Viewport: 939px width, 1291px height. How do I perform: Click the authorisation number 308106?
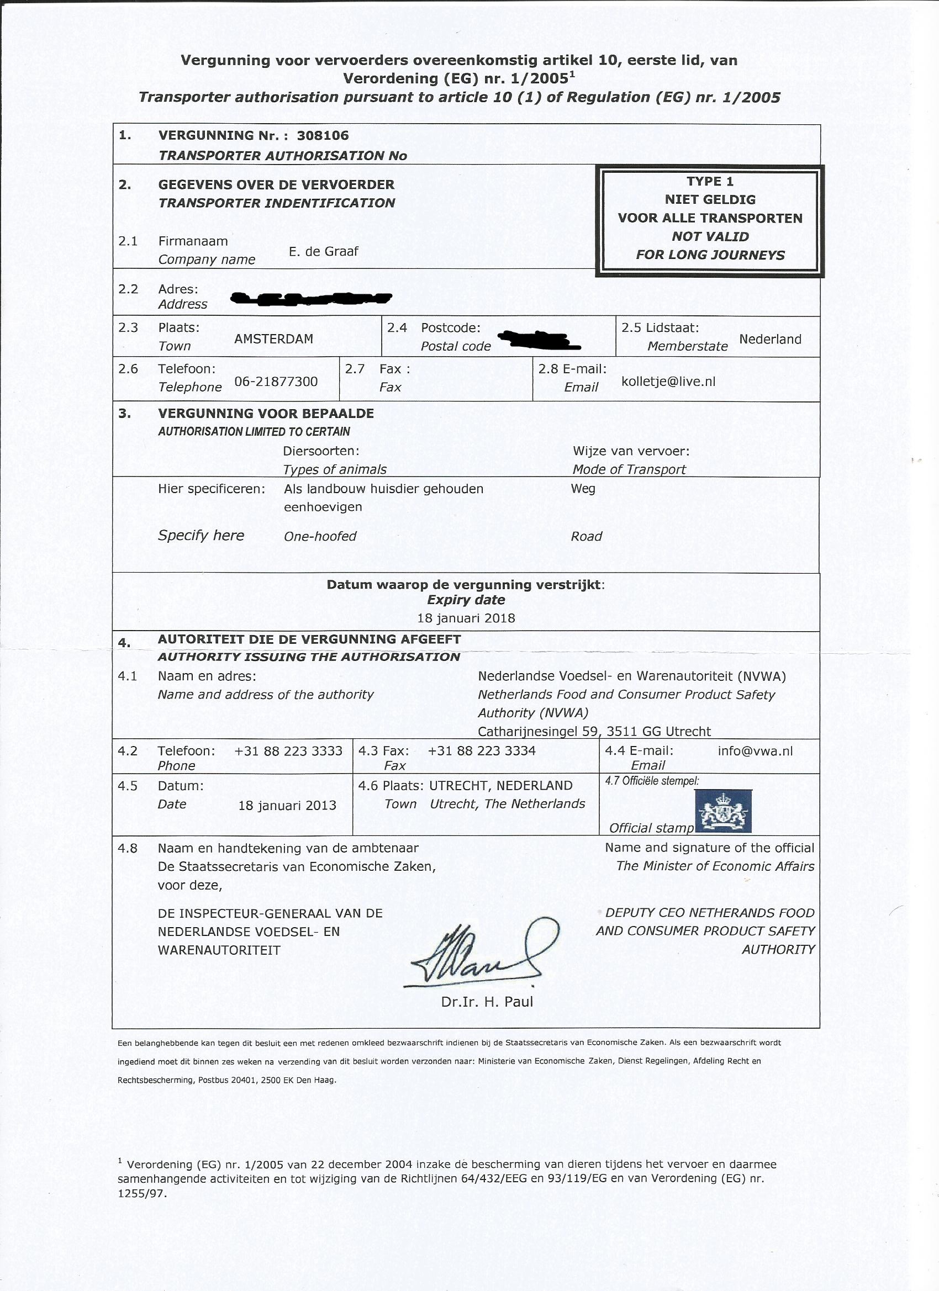point(323,135)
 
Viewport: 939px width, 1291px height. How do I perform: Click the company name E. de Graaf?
point(324,252)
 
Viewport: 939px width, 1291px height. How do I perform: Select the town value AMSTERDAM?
point(273,339)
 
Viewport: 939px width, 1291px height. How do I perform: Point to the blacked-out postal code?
point(538,340)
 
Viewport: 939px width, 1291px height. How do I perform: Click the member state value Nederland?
point(770,339)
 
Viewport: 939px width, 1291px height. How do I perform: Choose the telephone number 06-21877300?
point(276,382)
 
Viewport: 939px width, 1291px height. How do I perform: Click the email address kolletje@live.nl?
point(668,382)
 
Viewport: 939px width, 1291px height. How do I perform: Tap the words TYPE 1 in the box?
point(710,182)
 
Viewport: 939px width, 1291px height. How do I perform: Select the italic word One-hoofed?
point(320,536)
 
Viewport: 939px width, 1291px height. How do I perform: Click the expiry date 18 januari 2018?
point(466,618)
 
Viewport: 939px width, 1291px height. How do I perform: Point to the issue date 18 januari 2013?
point(287,806)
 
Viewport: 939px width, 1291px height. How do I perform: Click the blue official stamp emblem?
point(724,812)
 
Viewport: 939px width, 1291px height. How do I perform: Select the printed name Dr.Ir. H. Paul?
point(487,1002)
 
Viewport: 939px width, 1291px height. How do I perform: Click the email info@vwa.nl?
point(755,751)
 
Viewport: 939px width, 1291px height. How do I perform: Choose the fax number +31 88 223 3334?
point(481,751)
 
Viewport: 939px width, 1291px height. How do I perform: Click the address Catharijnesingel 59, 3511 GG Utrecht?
point(594,732)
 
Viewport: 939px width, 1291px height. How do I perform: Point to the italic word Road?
point(586,536)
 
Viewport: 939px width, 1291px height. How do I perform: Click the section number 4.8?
point(128,849)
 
